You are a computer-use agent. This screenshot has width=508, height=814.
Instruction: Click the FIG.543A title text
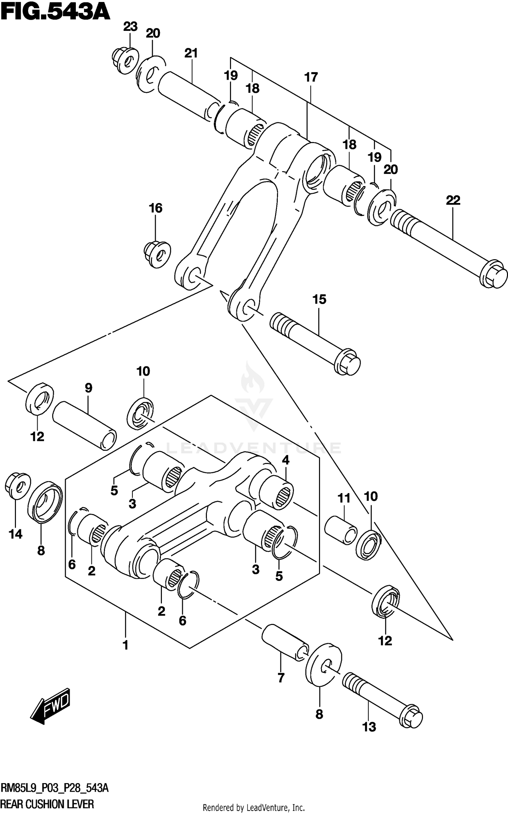point(55,13)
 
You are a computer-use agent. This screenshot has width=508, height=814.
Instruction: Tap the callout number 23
point(130,26)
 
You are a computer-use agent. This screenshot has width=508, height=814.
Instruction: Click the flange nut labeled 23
point(125,61)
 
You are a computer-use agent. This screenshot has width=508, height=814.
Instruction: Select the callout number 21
point(191,53)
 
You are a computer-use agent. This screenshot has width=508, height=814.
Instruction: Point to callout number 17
point(311,77)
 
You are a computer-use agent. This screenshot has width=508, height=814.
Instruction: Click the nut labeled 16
point(156,253)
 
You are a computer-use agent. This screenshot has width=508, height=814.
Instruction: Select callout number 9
point(88,388)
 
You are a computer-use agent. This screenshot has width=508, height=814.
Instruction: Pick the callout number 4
point(285,460)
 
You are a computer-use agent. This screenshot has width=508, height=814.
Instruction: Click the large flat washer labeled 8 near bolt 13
point(323,664)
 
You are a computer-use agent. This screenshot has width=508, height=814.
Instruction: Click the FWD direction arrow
point(51,705)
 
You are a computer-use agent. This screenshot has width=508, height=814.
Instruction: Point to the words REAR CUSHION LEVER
point(47,803)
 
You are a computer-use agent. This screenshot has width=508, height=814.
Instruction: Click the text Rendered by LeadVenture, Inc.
point(254,807)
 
